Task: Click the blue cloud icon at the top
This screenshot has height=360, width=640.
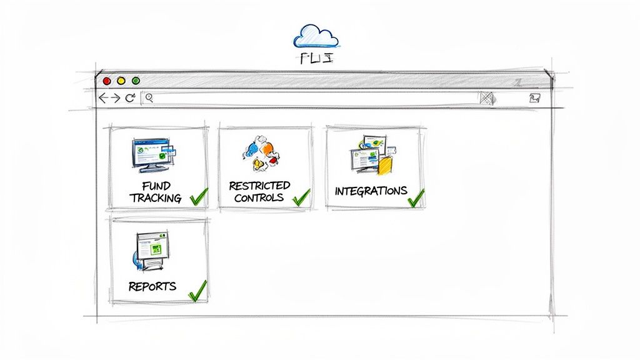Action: pyautogui.click(x=317, y=36)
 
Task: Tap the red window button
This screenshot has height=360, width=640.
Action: pyautogui.click(x=107, y=81)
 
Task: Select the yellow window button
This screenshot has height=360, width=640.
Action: pyautogui.click(x=121, y=81)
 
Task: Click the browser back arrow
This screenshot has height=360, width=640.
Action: pyautogui.click(x=104, y=98)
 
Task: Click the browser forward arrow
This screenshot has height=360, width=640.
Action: pyautogui.click(x=116, y=98)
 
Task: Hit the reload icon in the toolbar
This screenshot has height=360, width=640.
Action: pyautogui.click(x=130, y=98)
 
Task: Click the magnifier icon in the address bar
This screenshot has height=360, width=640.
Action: pyautogui.click(x=149, y=97)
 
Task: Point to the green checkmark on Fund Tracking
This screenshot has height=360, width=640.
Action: pyautogui.click(x=198, y=196)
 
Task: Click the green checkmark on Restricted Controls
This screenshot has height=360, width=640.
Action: pyautogui.click(x=301, y=196)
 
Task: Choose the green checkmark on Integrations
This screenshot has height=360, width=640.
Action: pyautogui.click(x=416, y=197)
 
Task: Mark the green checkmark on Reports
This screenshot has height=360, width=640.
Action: pyautogui.click(x=197, y=291)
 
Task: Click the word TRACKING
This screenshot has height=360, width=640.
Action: pyautogui.click(x=156, y=198)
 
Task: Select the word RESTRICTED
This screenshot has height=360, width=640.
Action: pyautogui.click(x=259, y=186)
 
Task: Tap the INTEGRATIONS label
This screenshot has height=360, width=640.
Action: pyautogui.click(x=371, y=191)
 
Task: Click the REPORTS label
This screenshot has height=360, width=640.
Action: pyautogui.click(x=152, y=287)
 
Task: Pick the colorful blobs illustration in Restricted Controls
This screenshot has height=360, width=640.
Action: pyautogui.click(x=260, y=154)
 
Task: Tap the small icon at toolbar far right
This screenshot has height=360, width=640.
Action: pyautogui.click(x=534, y=98)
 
